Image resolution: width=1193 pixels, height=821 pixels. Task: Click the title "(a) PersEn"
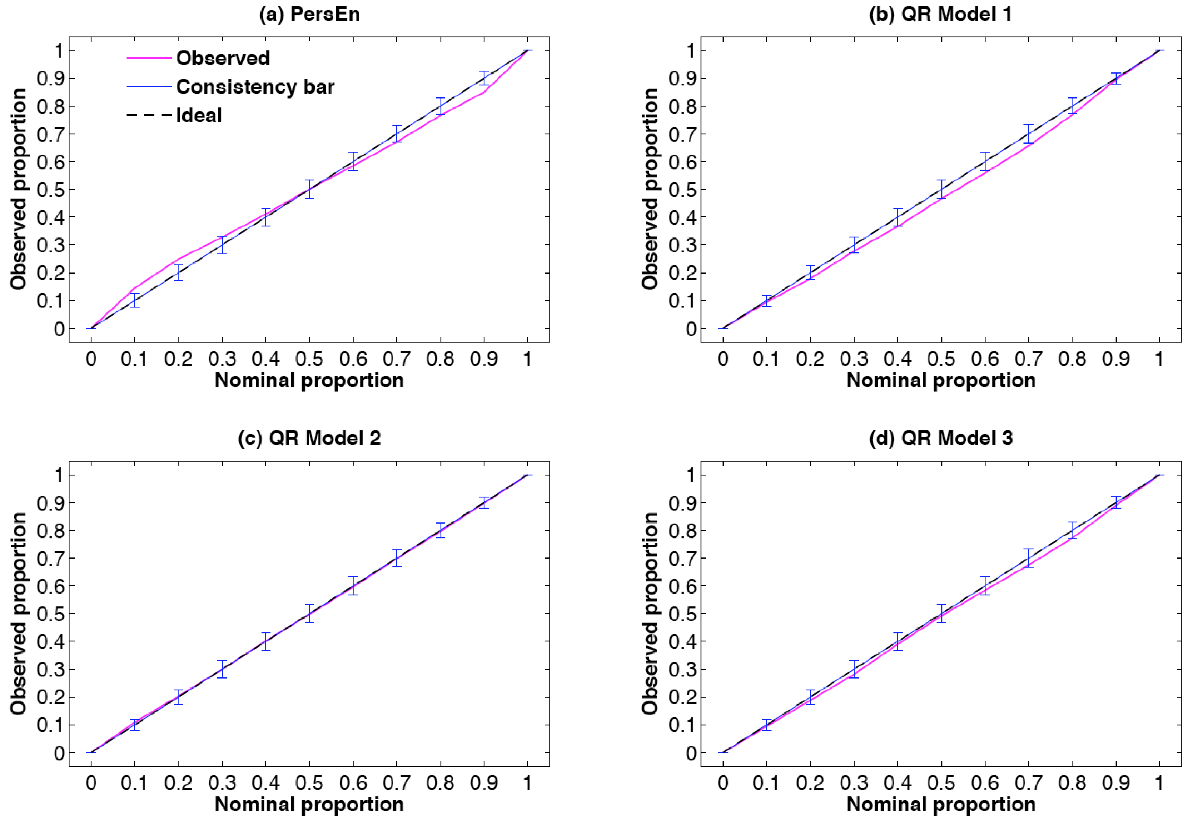(309, 14)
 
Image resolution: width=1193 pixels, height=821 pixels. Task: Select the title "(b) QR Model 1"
(940, 14)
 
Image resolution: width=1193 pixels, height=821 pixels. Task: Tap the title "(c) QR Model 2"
(309, 438)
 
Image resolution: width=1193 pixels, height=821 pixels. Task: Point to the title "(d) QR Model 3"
(941, 438)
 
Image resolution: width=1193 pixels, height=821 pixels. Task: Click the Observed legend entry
(222, 58)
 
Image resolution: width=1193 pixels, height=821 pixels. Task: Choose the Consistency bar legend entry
(255, 87)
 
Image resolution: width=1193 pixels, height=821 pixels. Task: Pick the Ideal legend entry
(199, 115)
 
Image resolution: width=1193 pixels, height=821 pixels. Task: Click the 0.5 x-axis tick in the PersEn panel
(309, 359)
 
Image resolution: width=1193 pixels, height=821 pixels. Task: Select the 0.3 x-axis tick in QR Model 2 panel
(222, 782)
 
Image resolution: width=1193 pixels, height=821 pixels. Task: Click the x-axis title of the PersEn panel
(309, 381)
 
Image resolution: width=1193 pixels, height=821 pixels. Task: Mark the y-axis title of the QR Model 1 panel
(650, 189)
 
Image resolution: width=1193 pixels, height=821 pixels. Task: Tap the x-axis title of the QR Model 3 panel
(941, 804)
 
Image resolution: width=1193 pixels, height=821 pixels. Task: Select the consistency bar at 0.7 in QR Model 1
(1028, 134)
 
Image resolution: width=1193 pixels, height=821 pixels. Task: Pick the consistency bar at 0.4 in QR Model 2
(265, 641)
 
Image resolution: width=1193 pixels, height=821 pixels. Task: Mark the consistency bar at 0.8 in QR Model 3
(1072, 530)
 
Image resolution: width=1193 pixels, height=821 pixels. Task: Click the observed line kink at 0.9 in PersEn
(484, 92)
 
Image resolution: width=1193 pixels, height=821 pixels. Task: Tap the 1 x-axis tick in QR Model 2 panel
(527, 782)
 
